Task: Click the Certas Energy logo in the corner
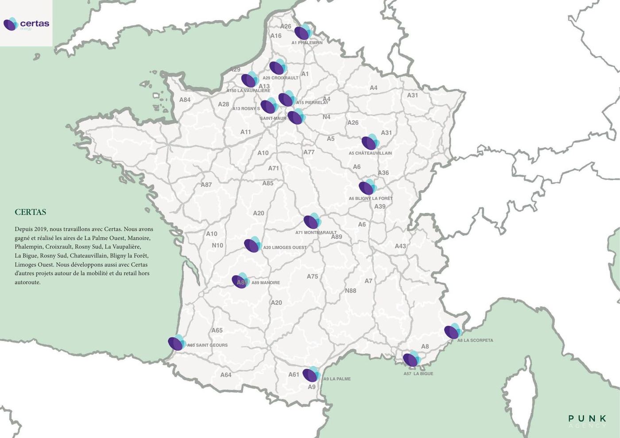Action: point(26,24)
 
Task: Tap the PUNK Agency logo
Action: point(587,421)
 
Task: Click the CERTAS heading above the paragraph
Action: point(30,212)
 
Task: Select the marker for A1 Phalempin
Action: point(302,32)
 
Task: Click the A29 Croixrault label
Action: point(280,78)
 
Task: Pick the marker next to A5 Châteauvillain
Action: point(369,142)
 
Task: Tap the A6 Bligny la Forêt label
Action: point(370,199)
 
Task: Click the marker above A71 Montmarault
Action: point(312,221)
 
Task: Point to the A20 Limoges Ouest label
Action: point(285,248)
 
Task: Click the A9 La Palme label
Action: point(337,379)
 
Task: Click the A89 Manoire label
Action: point(266,283)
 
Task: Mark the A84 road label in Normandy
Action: point(185,100)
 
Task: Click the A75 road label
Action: point(312,277)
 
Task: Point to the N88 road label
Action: point(350,291)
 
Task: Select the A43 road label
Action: point(400,246)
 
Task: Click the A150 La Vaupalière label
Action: point(248,91)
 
